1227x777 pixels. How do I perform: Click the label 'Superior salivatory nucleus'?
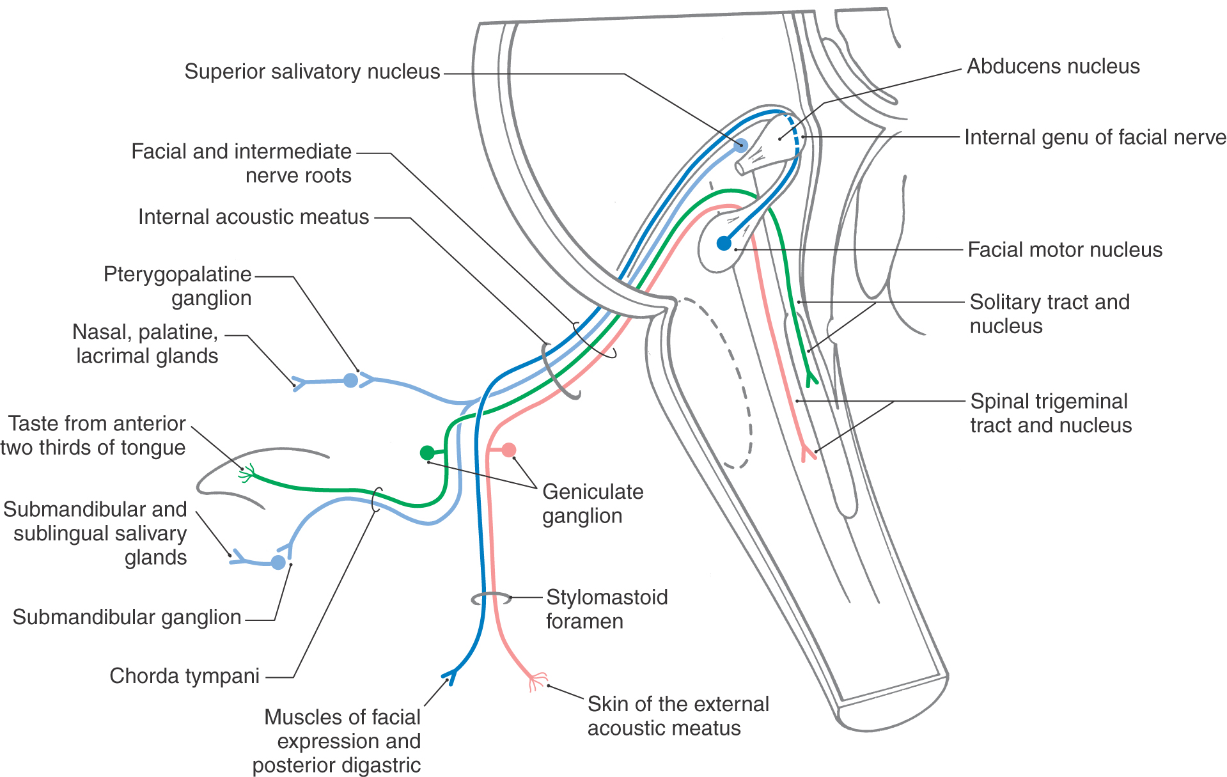click(x=312, y=72)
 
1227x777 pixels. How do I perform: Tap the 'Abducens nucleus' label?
click(x=1052, y=67)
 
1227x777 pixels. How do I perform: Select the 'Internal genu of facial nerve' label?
click(x=1095, y=137)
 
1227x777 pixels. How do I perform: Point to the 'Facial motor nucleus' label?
click(x=1065, y=249)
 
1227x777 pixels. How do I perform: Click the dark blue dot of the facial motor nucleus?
click(x=724, y=243)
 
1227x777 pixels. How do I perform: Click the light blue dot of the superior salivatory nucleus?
click(x=740, y=145)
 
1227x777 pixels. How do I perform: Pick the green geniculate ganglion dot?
click(x=427, y=453)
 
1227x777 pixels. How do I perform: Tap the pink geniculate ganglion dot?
click(x=509, y=450)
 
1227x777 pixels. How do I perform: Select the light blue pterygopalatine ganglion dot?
click(x=350, y=381)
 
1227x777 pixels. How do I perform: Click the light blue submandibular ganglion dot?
click(x=278, y=562)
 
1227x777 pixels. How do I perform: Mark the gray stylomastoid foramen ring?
click(x=491, y=599)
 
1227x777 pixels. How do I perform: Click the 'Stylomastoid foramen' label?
click(x=606, y=609)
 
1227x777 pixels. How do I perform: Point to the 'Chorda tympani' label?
click(x=184, y=676)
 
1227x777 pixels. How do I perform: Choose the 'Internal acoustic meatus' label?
click(x=253, y=217)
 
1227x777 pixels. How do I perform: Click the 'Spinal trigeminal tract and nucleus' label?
click(x=1051, y=413)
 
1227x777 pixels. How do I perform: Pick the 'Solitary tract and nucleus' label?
click(x=1049, y=314)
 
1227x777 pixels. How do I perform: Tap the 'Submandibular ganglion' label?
click(x=127, y=617)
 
